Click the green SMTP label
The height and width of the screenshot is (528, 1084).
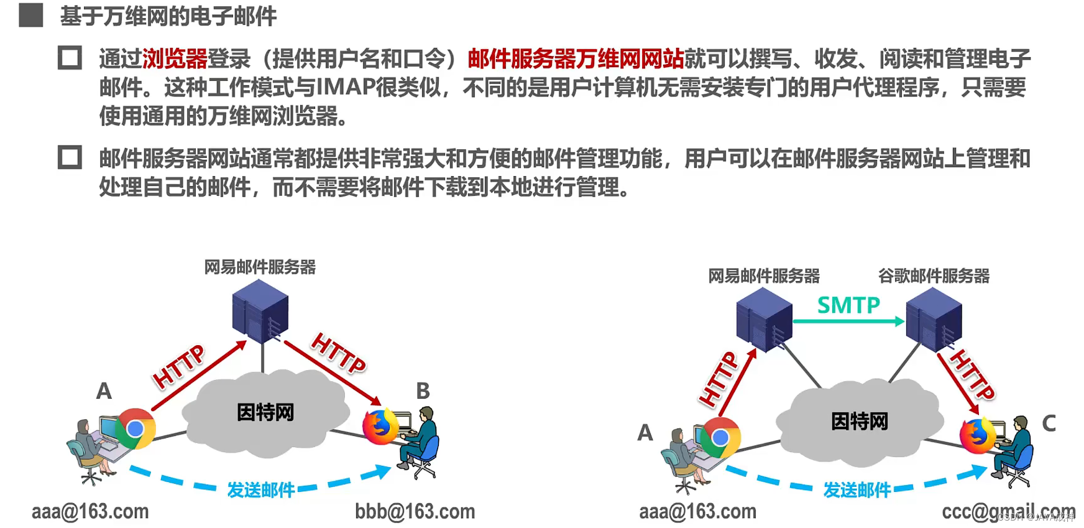pyautogui.click(x=848, y=305)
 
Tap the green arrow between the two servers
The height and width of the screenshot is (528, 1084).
pyautogui.click(x=848, y=322)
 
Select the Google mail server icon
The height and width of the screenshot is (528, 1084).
pyautogui.click(x=934, y=318)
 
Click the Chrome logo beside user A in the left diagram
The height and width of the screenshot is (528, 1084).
pyautogui.click(x=135, y=428)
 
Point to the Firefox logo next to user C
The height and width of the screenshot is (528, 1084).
pyautogui.click(x=977, y=435)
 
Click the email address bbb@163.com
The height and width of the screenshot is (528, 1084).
pyautogui.click(x=415, y=512)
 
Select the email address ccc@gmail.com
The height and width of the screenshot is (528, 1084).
pyautogui.click(x=1008, y=512)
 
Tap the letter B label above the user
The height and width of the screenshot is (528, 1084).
pyautogui.click(x=423, y=391)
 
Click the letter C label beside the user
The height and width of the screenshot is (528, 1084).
pyautogui.click(x=1049, y=424)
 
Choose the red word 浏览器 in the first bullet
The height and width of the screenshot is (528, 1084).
pyautogui.click(x=175, y=59)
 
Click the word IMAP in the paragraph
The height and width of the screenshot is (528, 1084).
pyautogui.click(x=346, y=88)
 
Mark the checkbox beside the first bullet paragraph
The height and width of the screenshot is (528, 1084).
pyautogui.click(x=70, y=58)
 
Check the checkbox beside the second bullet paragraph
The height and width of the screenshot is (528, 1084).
pyautogui.click(x=70, y=157)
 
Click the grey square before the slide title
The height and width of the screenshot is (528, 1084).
pyautogui.click(x=31, y=16)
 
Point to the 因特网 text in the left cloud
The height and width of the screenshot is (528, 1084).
pyautogui.click(x=265, y=412)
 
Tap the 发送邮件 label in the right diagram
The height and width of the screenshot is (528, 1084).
pyautogui.click(x=857, y=490)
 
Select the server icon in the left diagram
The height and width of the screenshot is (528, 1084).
pyautogui.click(x=260, y=310)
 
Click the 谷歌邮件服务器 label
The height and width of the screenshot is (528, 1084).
pyautogui.click(x=934, y=276)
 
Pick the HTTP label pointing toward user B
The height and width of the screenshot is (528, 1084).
pyautogui.click(x=338, y=353)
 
